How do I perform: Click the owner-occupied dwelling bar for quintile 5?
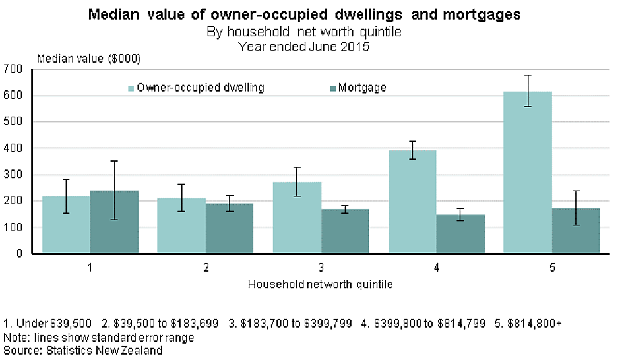[527, 172]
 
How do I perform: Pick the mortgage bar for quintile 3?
[345, 231]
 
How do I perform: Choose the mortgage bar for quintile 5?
[576, 230]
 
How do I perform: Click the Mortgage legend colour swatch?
[333, 88]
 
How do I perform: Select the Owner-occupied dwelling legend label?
[201, 88]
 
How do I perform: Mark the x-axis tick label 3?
[321, 268]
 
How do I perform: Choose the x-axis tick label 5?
[552, 268]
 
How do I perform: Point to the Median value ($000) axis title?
[89, 58]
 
